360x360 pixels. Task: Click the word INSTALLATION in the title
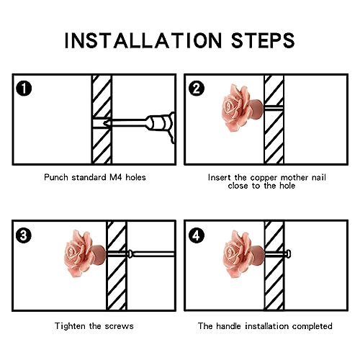point(143,40)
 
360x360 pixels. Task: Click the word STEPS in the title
point(263,40)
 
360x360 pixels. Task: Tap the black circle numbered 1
point(24,89)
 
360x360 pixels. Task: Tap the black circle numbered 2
point(197,89)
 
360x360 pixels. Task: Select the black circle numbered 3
point(24,235)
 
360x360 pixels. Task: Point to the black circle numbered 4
point(197,235)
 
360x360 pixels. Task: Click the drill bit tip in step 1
point(104,123)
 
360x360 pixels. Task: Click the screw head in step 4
point(288,253)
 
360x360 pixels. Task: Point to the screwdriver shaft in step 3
point(153,254)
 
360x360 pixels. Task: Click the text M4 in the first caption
point(116,177)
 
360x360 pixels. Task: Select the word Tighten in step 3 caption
point(71,326)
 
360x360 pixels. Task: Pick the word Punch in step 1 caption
point(56,177)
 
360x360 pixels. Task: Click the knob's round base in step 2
point(257,109)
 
